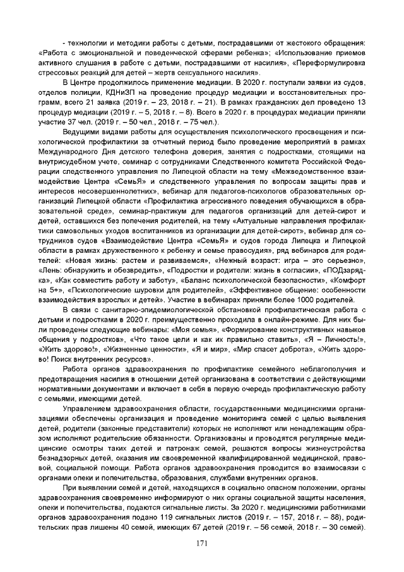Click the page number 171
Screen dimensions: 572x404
point(202,544)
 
